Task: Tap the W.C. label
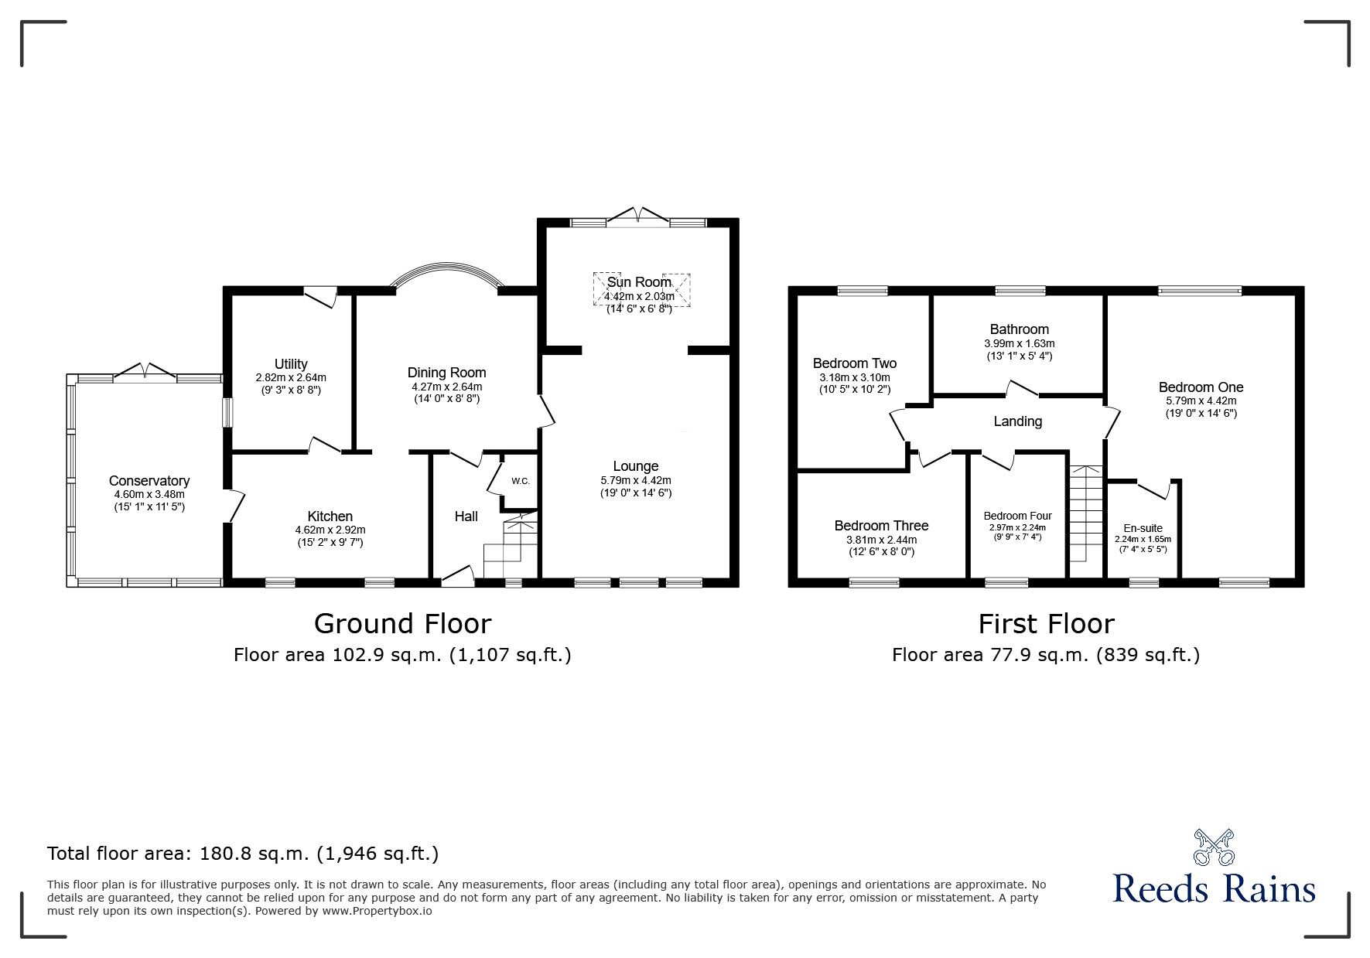[x=520, y=481]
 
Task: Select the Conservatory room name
[x=149, y=481]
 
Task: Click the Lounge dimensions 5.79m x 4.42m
[x=636, y=480]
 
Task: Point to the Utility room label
[x=291, y=363]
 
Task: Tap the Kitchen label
[x=330, y=517]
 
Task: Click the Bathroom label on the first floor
[x=1019, y=329]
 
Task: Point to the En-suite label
[x=1143, y=529]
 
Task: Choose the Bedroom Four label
[x=1017, y=516]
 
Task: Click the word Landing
[x=1017, y=421]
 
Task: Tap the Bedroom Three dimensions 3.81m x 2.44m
[x=881, y=540]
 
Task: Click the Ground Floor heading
[x=402, y=623]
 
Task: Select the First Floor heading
[x=1046, y=623]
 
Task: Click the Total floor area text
[x=243, y=854]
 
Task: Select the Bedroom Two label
[x=854, y=363]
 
